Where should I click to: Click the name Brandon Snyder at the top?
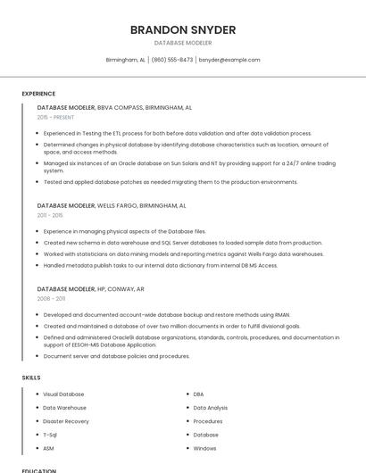pos(183,29)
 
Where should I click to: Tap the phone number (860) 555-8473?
pos(171,60)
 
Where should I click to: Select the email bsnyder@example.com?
pos(229,60)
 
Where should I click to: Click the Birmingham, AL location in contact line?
pos(125,60)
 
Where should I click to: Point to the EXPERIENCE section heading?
pos(38,94)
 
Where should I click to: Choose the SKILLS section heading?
pos(31,378)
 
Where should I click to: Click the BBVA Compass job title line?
pos(114,107)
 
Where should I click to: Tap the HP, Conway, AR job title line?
pos(90,289)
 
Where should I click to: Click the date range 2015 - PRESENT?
pos(55,117)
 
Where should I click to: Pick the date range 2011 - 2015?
pos(50,215)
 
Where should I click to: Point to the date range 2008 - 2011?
pos(51,299)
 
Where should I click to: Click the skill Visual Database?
pos(63,394)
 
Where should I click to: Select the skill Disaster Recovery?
pos(66,421)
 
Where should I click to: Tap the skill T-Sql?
pos(50,435)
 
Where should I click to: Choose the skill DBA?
pos(198,394)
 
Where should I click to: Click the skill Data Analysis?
pos(210,408)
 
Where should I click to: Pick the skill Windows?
pos(204,448)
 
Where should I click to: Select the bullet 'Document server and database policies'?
pos(116,356)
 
